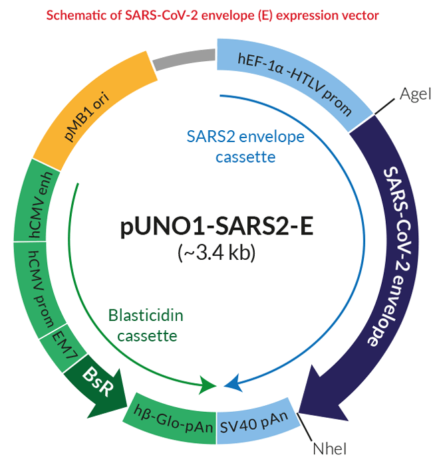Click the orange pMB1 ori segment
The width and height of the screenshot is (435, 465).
89,113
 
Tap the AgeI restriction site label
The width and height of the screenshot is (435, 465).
415,94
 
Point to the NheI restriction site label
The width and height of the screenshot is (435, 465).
330,448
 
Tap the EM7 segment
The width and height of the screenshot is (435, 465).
63,347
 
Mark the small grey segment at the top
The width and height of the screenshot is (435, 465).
184,59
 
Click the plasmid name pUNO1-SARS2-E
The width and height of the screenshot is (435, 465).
217,227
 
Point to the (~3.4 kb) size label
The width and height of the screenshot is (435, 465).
217,252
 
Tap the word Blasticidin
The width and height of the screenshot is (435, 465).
146,316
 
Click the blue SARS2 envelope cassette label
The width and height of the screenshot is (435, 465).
245,147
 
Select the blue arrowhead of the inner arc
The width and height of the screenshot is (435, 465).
232,384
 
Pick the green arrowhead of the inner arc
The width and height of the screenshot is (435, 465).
208,385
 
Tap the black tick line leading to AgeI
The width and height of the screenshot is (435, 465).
384,106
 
